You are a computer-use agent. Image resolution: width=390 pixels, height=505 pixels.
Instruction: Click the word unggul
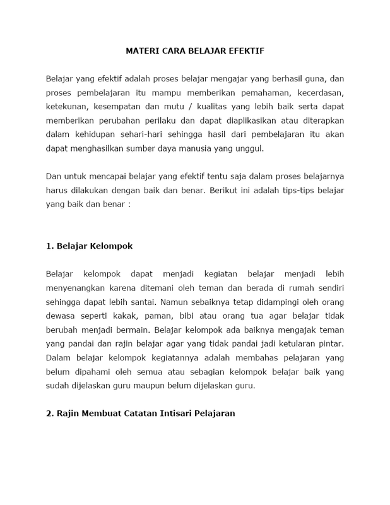click(247, 149)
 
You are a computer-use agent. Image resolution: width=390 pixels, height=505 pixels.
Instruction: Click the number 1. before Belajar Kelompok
click(50, 246)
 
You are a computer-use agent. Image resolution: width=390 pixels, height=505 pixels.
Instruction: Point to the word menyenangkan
click(75, 288)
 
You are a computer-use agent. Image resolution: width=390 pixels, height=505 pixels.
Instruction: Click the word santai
click(181, 302)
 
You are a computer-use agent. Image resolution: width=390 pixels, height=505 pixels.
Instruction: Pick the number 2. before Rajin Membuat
click(50, 413)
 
